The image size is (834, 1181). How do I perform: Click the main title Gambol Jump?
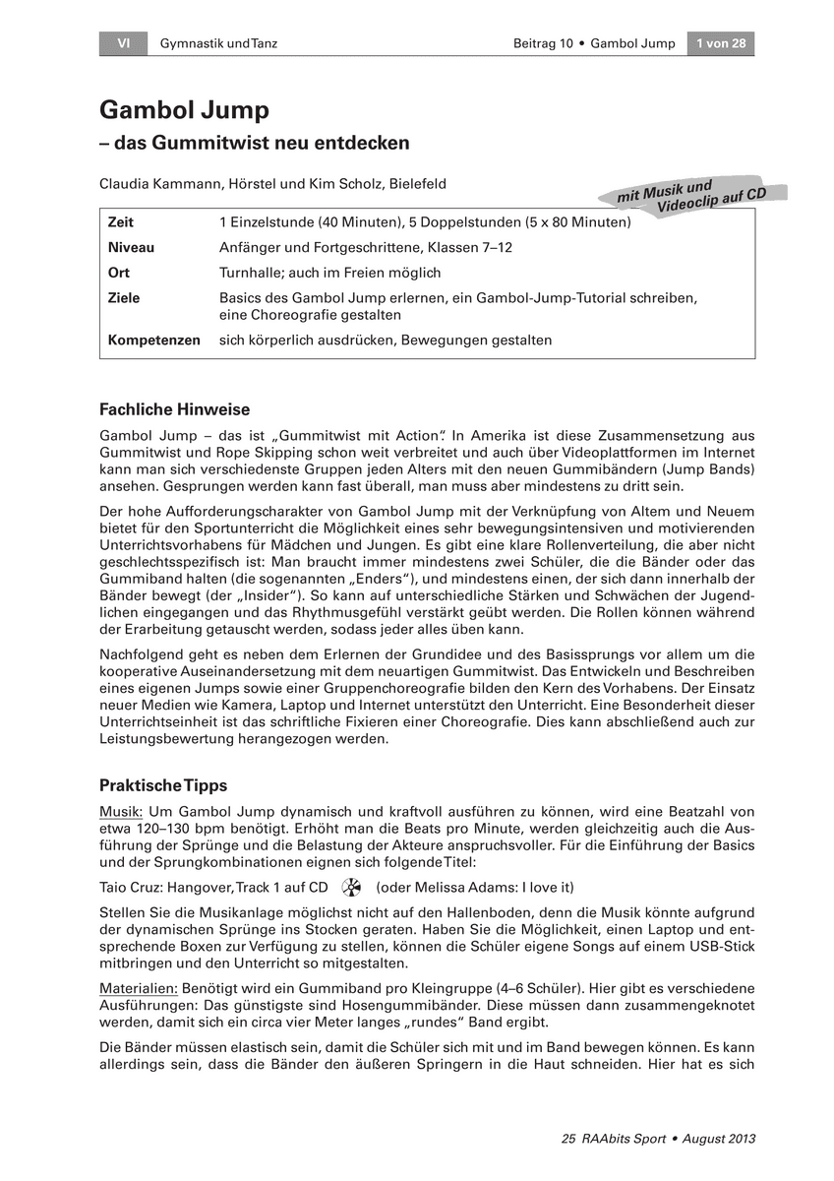point(184,110)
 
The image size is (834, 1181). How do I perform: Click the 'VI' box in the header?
point(124,43)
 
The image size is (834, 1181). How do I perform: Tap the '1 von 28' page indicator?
point(720,43)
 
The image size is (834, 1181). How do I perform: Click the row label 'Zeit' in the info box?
point(121,223)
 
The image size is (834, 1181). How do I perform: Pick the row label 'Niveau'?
point(131,248)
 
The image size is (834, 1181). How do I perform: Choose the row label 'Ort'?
point(118,273)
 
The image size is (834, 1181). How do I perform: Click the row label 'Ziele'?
point(124,297)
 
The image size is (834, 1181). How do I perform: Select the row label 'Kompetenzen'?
point(153,341)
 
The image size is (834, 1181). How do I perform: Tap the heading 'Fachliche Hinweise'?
point(175,409)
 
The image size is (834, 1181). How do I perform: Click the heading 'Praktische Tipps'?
point(163,785)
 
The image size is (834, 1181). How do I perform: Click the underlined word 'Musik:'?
point(121,812)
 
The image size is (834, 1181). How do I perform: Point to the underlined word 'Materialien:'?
point(137,987)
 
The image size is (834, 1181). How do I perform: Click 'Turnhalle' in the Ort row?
point(250,273)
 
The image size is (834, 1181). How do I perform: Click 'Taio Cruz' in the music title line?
point(129,887)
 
